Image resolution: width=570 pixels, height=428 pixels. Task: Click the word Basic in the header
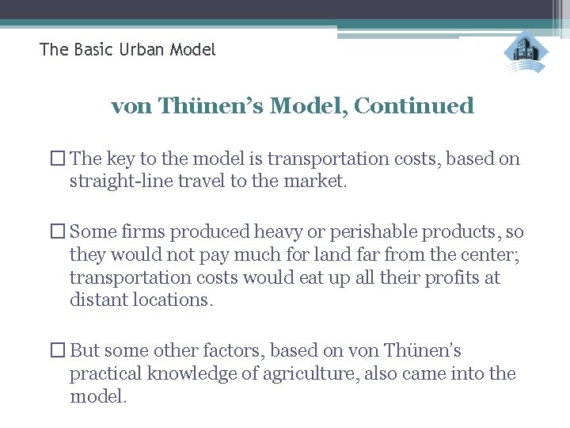pos(92,50)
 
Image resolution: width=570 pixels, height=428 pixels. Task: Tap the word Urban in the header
pos(144,50)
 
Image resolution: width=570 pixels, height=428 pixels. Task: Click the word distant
pos(97,300)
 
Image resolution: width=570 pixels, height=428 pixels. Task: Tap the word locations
pos(172,300)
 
